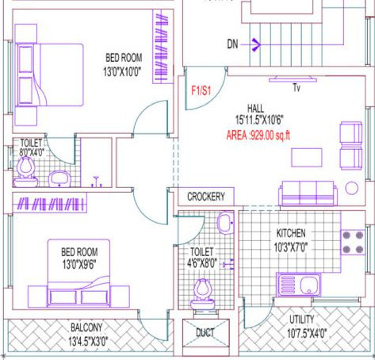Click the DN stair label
(x=232, y=44)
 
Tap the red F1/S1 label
(x=201, y=90)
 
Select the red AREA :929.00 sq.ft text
(x=259, y=136)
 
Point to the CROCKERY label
(x=206, y=197)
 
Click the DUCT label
(x=205, y=333)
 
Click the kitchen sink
(x=299, y=283)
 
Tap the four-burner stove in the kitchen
(x=351, y=243)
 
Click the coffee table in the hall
(x=306, y=157)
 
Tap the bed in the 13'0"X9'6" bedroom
(x=78, y=272)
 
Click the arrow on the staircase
(x=255, y=44)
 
